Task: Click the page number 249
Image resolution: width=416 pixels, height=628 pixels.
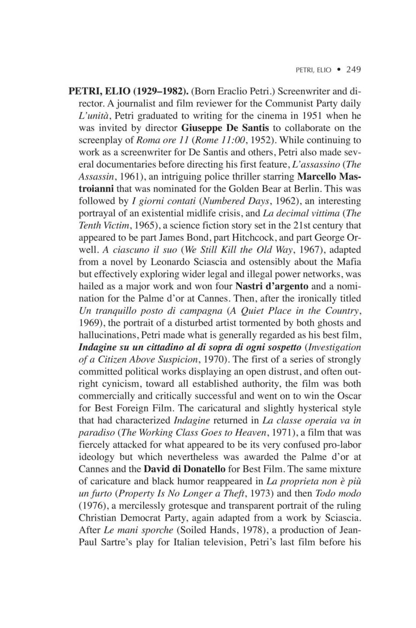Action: click(353, 69)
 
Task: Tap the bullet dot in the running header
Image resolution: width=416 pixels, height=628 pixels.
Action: click(338, 69)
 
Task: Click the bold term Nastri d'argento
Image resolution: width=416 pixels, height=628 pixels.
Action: click(272, 287)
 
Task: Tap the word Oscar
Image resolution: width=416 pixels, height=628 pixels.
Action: click(349, 396)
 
